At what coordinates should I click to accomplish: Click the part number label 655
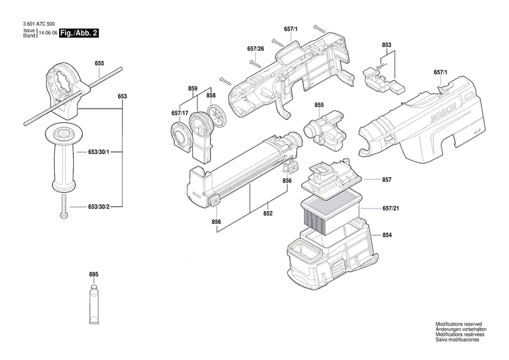[99, 64]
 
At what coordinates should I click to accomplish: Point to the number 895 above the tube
[94, 274]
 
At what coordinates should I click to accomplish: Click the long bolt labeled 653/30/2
[62, 206]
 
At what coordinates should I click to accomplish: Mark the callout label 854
[386, 235]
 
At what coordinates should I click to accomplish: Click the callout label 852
[267, 214]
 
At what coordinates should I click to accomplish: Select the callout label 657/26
[256, 49]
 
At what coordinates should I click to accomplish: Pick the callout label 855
[319, 105]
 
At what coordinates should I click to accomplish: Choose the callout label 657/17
[180, 113]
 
